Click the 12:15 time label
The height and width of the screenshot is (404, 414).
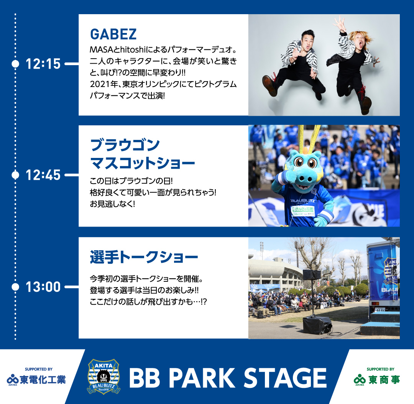(43, 64)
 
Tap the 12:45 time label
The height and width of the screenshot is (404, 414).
(43, 175)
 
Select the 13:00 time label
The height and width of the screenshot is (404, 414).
(43, 287)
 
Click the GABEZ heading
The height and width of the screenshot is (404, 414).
(113, 34)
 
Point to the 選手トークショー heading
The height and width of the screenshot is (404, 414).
(144, 257)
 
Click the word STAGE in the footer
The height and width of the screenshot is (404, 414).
(285, 378)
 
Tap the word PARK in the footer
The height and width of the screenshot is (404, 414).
(202, 378)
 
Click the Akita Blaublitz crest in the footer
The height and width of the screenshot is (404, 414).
(104, 376)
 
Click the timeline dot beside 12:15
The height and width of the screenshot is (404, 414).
(15, 64)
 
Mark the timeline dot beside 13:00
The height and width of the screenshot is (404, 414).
(15, 287)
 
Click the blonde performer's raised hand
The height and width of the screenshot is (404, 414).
(339, 23)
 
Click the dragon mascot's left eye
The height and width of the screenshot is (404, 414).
(299, 162)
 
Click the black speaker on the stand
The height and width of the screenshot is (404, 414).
(312, 274)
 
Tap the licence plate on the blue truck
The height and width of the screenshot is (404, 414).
(380, 309)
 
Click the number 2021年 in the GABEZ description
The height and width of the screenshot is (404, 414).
(104, 84)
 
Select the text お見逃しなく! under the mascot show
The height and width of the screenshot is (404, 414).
(112, 204)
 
